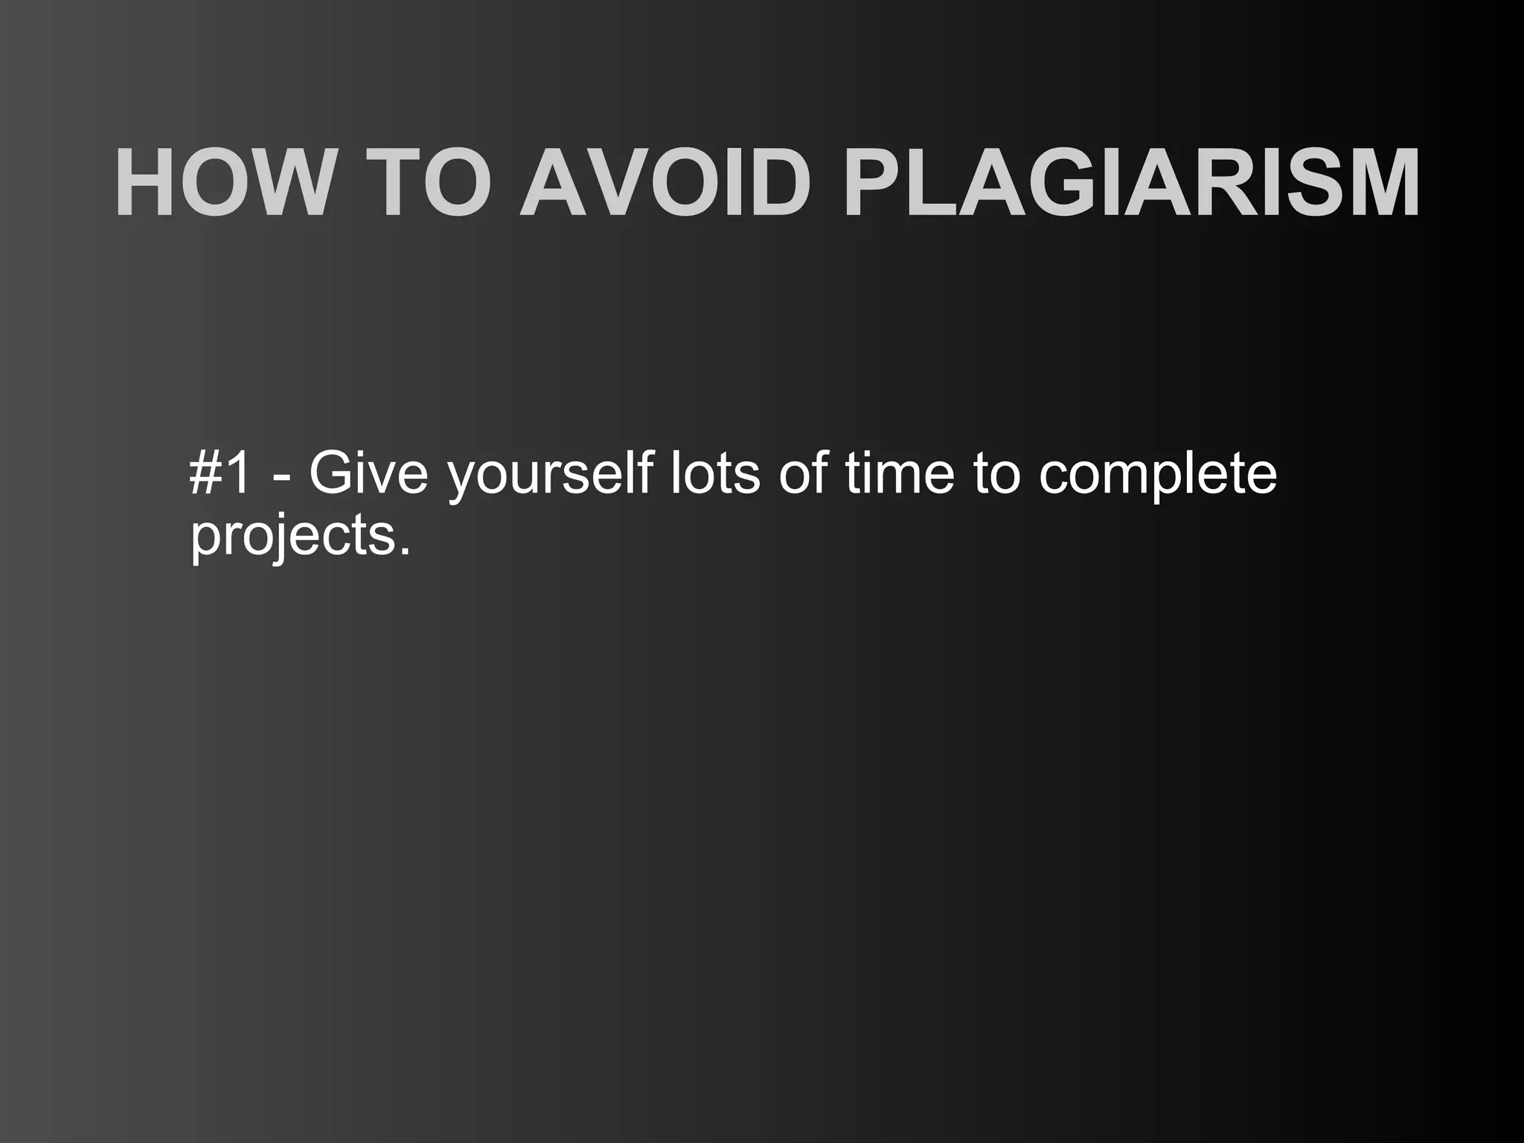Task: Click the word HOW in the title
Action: click(221, 183)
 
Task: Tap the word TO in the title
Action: click(438, 183)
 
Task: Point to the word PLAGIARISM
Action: click(1131, 183)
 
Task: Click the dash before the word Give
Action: click(282, 476)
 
